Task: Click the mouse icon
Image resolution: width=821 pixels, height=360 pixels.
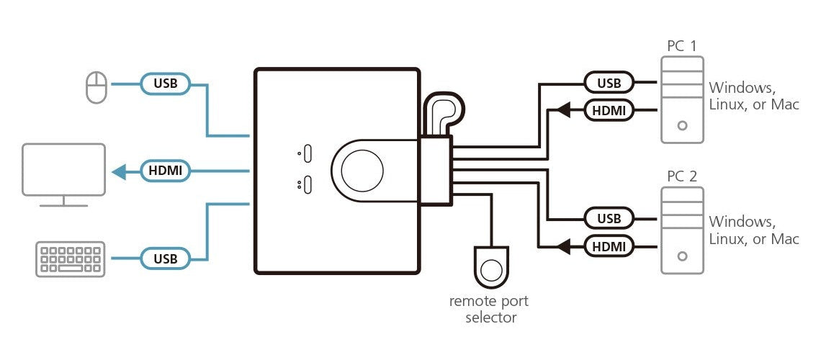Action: [97, 87]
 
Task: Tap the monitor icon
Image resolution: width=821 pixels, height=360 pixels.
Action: [63, 175]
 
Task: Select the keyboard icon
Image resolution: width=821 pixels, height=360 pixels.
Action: [70, 258]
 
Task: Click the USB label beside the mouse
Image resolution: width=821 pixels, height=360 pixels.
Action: [166, 84]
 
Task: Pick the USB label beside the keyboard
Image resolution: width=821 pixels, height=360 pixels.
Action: [166, 258]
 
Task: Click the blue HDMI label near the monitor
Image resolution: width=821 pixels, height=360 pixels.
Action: [166, 171]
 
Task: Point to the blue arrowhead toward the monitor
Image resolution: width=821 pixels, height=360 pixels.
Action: [120, 171]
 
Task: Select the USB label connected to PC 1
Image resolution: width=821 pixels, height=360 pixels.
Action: [609, 83]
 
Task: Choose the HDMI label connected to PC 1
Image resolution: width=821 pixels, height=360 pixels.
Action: [609, 110]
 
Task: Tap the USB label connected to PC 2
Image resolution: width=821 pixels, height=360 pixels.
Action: [609, 218]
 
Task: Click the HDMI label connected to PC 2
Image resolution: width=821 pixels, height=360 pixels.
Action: [609, 246]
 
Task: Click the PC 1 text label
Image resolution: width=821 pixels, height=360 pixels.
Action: [682, 46]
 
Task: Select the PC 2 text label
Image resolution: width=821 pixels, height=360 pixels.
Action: [682, 176]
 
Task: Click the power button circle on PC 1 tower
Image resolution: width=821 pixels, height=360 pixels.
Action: [682, 125]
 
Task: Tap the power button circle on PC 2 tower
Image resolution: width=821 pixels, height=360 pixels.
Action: [682, 256]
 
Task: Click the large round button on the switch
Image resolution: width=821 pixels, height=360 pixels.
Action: [362, 171]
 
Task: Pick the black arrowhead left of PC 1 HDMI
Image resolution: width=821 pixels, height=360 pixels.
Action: [563, 110]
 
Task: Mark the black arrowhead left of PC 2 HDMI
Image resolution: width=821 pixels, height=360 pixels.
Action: [563, 246]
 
